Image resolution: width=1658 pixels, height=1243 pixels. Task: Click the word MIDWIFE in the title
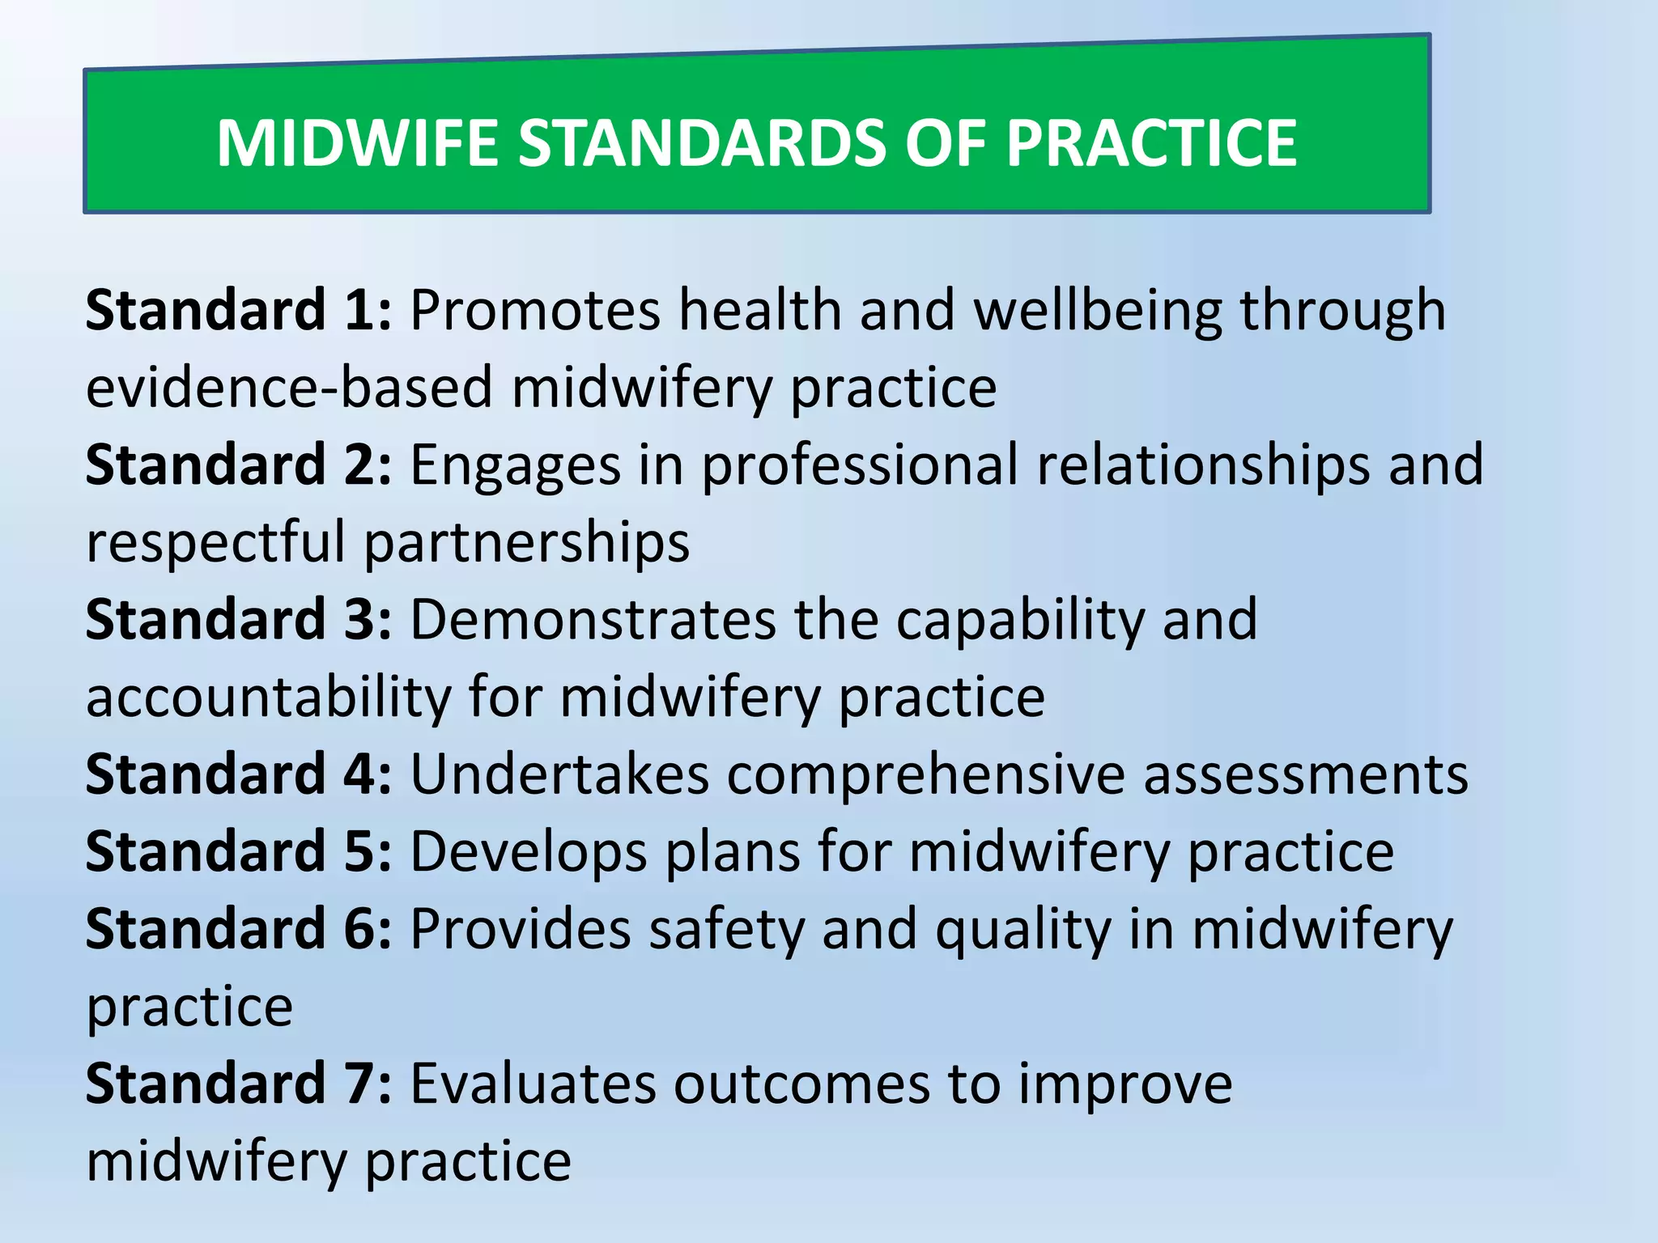[356, 143]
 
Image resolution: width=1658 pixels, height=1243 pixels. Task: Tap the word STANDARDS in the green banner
[701, 143]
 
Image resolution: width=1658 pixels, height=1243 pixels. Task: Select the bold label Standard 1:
[239, 310]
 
